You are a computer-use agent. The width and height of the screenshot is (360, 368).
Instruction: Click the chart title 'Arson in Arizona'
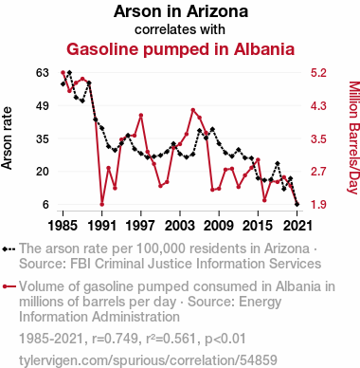[181, 11]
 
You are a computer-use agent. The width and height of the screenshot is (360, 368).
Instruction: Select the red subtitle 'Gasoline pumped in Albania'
[180, 49]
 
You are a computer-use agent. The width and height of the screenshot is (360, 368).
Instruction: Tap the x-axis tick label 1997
[141, 226]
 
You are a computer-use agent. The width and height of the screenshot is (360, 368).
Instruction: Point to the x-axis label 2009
[219, 226]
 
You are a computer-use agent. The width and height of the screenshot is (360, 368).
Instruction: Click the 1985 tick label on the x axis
[63, 226]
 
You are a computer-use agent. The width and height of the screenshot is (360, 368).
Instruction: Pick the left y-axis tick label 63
[43, 73]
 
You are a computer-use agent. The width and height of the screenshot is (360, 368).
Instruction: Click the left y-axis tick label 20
[43, 172]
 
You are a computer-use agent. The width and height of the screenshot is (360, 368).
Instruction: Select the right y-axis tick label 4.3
[318, 105]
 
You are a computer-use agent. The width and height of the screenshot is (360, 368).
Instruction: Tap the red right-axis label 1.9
[318, 205]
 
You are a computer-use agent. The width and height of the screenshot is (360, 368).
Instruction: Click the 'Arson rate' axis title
[7, 138]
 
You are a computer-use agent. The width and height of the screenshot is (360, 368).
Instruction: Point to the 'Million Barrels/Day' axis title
[354, 138]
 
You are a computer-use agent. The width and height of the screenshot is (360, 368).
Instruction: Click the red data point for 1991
[102, 204]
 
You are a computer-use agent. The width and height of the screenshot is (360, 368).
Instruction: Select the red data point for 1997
[141, 116]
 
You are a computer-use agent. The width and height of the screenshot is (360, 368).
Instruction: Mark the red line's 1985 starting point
[63, 73]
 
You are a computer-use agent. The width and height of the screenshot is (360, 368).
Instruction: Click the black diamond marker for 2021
[297, 204]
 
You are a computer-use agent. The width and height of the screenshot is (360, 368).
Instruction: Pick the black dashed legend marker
[9, 249]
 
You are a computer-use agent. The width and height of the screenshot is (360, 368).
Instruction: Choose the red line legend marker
[9, 286]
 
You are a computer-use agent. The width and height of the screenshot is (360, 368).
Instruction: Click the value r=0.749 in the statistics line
[115, 339]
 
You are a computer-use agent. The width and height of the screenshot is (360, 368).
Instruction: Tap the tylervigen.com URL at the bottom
[148, 360]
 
